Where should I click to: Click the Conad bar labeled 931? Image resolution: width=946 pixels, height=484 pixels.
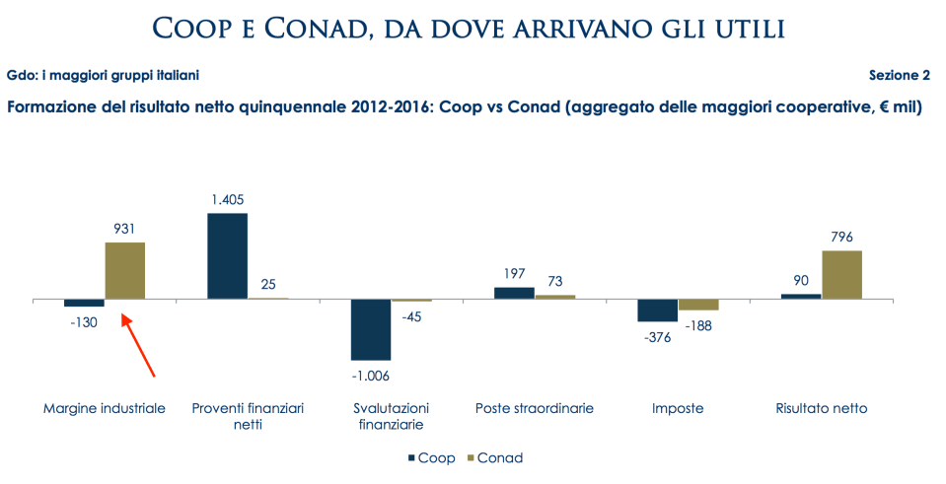(x=125, y=270)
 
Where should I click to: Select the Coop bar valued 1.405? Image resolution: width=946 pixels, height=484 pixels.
(x=227, y=255)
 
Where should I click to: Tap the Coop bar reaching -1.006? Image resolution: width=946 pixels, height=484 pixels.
(x=371, y=329)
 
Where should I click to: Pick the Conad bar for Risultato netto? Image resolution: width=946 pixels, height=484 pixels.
(x=841, y=274)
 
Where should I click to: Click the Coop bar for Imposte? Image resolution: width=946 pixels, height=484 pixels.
(x=657, y=310)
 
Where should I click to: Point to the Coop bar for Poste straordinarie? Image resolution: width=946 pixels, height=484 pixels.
(x=514, y=293)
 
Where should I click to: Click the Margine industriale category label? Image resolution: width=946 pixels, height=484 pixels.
(x=104, y=408)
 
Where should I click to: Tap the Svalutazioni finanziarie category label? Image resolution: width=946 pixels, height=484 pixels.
(x=391, y=416)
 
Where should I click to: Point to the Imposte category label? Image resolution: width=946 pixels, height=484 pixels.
(x=678, y=408)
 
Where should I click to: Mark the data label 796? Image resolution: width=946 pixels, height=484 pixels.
(x=841, y=237)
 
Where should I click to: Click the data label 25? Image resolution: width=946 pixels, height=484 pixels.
(x=268, y=284)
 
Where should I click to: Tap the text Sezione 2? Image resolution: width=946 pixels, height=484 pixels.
(x=899, y=76)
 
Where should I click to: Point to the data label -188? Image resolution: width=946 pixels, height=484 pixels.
(x=699, y=326)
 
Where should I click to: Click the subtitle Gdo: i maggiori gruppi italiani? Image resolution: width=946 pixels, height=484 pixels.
(x=108, y=76)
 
